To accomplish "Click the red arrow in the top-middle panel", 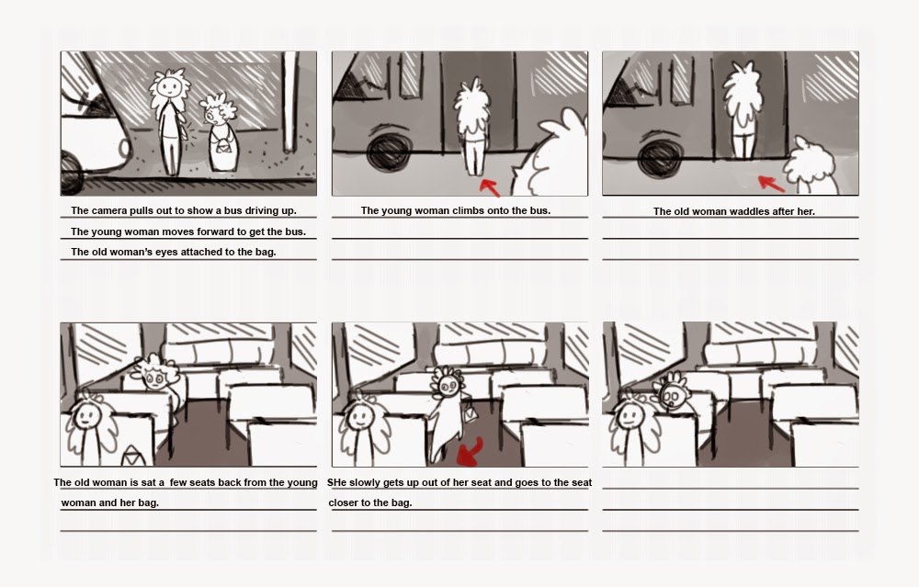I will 490,187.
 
